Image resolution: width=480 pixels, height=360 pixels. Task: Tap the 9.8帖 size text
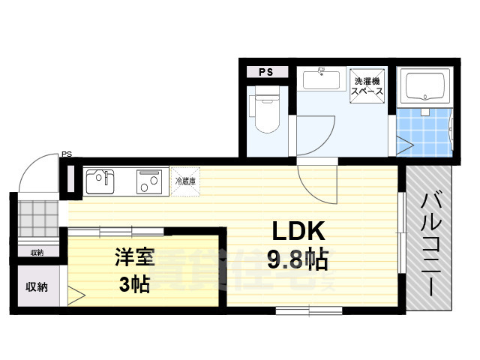(297, 259)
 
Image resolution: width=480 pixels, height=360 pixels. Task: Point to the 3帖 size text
(134, 283)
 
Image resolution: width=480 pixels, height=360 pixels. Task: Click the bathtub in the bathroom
(425, 88)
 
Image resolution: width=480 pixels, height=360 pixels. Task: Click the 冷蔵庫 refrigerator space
(185, 181)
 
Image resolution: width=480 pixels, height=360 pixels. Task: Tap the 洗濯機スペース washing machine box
(368, 85)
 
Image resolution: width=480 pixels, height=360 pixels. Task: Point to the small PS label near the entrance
(67, 155)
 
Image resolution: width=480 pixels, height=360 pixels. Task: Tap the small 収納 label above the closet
(37, 252)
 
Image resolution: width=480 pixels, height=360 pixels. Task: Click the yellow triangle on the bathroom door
(405, 144)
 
